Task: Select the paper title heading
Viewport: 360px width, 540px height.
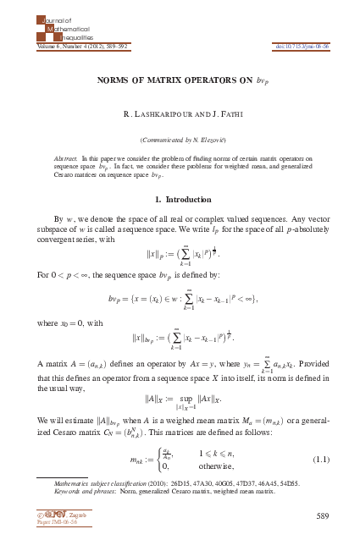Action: [x=180, y=82]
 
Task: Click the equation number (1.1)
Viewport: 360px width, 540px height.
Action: [x=320, y=460]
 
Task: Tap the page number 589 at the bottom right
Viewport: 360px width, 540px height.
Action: [x=321, y=515]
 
